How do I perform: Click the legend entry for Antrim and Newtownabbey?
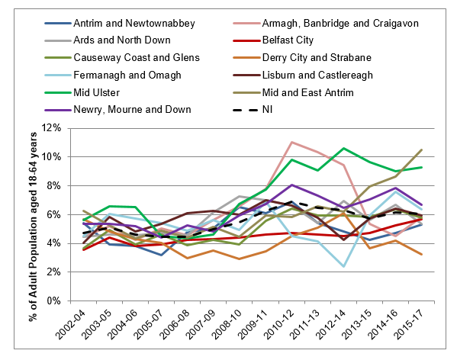click(120, 24)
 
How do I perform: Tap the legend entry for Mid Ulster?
click(82, 92)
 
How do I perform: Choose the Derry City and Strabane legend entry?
click(302, 58)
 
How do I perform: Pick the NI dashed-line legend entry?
click(253, 110)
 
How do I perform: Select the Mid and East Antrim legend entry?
click(293, 92)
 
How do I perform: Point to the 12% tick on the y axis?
click(51, 128)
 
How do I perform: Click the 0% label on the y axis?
click(54, 301)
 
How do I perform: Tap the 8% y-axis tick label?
click(54, 185)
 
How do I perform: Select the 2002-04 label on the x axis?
click(70, 325)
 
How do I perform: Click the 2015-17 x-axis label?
click(408, 325)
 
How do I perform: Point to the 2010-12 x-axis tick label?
click(278, 325)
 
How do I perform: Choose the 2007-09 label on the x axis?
click(201, 325)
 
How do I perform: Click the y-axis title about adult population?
click(33, 227)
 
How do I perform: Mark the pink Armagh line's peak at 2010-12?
click(292, 142)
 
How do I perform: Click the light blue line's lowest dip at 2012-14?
click(344, 266)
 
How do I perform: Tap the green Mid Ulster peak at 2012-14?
click(344, 148)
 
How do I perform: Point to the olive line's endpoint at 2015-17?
click(422, 149)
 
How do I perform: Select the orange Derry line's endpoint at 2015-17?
click(422, 254)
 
